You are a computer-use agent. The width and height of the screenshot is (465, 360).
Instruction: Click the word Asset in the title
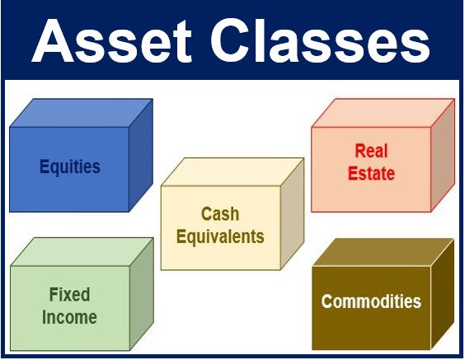[x=112, y=40]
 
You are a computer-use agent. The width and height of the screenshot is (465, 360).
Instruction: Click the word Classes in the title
[x=321, y=40]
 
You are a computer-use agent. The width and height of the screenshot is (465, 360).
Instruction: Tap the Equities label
[x=70, y=167]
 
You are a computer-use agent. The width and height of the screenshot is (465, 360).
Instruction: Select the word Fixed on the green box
[x=69, y=295]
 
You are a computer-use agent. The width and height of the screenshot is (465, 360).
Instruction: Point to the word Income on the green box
[x=69, y=317]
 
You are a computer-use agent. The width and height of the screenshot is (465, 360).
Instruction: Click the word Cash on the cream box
[x=220, y=213]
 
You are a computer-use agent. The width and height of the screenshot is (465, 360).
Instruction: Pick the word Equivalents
[x=220, y=236]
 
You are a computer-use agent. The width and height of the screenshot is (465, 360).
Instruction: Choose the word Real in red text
[x=371, y=151]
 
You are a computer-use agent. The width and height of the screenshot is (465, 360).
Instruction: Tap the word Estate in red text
[x=371, y=173]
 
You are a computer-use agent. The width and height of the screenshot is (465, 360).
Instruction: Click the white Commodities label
[x=371, y=302]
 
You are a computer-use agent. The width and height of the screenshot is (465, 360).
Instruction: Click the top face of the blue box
[x=82, y=113]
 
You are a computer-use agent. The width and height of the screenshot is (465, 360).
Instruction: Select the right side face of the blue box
[x=141, y=155]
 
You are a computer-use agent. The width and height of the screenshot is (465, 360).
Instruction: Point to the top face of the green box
[x=82, y=252]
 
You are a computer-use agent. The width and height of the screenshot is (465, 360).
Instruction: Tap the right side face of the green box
[x=142, y=294]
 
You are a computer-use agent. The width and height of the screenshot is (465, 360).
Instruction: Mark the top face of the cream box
[x=233, y=172]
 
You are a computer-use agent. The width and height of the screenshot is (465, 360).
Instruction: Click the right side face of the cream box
[x=292, y=213]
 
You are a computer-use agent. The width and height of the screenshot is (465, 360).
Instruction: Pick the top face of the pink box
[x=383, y=113]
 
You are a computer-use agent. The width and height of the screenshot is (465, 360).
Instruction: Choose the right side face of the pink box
[x=443, y=155]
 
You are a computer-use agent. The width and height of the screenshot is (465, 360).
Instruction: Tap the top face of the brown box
[x=383, y=252]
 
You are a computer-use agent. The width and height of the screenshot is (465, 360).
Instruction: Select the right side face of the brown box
[x=442, y=294]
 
